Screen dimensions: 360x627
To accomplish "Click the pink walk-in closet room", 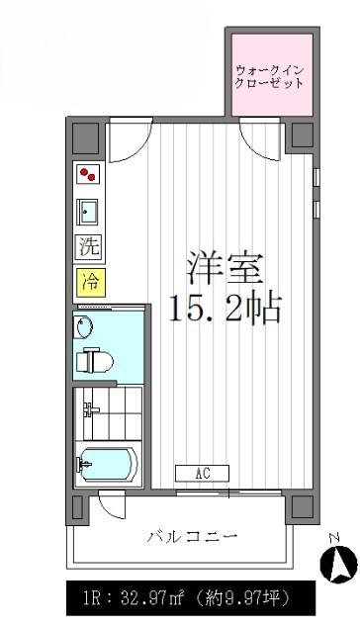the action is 272,74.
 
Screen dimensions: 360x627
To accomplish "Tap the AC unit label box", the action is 203,474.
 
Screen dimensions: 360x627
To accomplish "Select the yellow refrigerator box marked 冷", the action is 91,283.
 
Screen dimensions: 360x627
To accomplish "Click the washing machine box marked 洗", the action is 89,247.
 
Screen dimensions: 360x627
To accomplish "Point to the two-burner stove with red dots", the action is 88,174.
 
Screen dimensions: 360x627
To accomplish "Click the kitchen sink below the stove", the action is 87,212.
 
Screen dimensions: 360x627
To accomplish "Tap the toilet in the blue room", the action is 95,360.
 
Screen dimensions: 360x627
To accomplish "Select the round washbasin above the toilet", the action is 84,326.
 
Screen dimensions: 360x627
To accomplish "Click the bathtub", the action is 108,464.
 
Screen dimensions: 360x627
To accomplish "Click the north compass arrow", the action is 338,563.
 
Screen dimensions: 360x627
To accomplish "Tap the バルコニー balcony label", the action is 192,536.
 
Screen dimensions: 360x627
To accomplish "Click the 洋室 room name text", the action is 225,269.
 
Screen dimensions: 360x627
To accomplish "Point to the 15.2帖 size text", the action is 225,308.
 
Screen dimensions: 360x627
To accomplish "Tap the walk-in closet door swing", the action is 259,138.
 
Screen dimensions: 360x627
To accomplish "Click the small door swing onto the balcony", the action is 113,504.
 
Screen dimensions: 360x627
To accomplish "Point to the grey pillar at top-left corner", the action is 85,137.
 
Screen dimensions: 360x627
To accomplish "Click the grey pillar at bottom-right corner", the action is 303,507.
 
